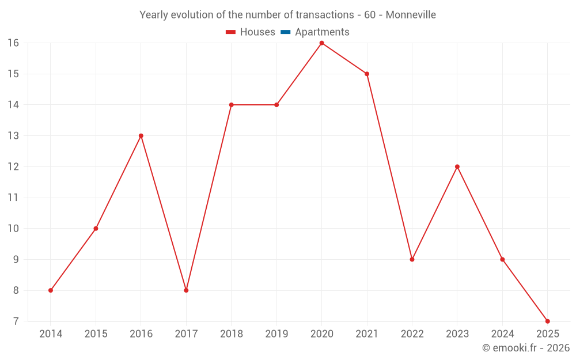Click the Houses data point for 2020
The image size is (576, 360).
(x=321, y=43)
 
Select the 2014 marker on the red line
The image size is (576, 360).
(x=51, y=290)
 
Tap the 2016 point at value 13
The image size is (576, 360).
(x=141, y=136)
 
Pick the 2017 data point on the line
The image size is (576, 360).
(x=186, y=290)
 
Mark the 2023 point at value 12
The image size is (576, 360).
(x=457, y=166)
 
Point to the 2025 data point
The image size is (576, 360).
(x=547, y=321)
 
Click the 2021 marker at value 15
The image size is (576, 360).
(x=367, y=74)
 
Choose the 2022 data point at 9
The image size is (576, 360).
(x=412, y=259)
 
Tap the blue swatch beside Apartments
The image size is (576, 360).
(x=285, y=32)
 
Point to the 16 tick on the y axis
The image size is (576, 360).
(x=13, y=43)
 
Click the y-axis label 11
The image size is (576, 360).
(x=13, y=198)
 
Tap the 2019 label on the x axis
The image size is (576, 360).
(x=276, y=334)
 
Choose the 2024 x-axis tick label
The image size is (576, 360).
(x=502, y=334)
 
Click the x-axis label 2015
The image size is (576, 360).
(x=96, y=334)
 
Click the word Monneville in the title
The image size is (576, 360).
(x=411, y=14)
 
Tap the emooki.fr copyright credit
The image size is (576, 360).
(x=526, y=348)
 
